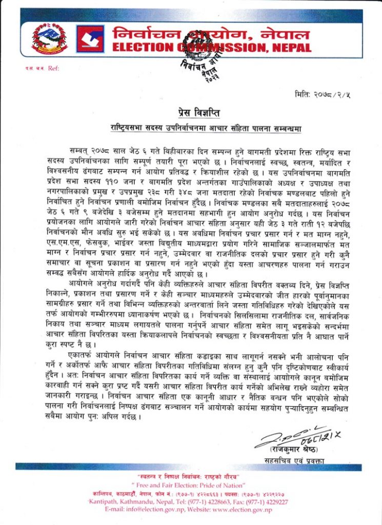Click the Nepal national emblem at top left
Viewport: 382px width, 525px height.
pyautogui.click(x=49, y=39)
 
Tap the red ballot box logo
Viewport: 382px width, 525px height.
pyautogui.click(x=90, y=39)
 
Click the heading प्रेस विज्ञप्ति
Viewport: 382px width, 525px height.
pyautogui.click(x=190, y=112)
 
